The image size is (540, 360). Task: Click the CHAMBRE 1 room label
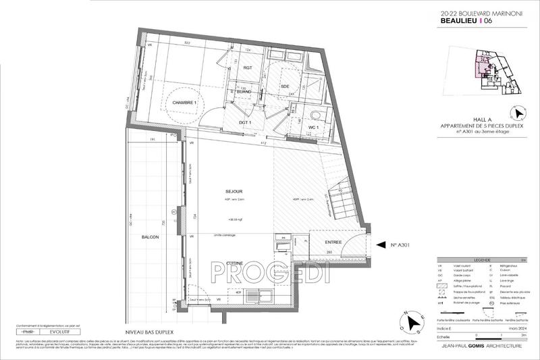pyautogui.click(x=187, y=102)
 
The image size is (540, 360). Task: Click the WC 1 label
pyautogui.click(x=313, y=126)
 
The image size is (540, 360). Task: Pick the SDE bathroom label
pyautogui.click(x=286, y=86)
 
